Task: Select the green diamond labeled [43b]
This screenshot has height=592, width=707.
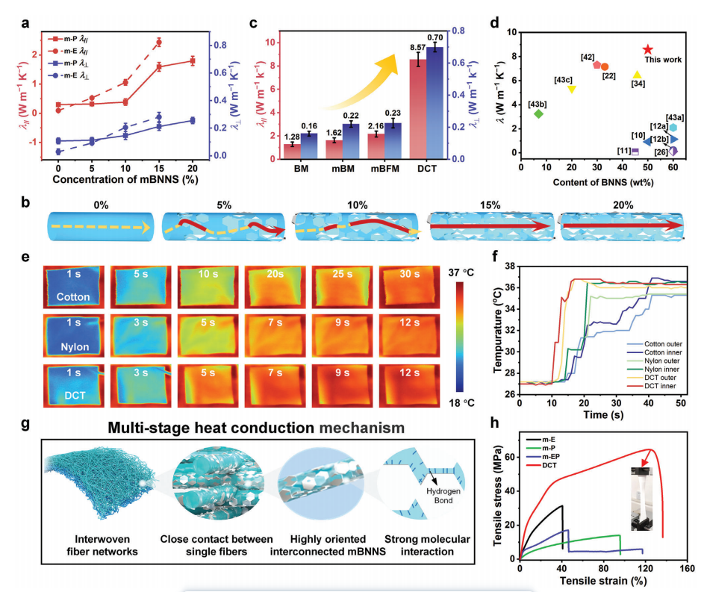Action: pyautogui.click(x=538, y=113)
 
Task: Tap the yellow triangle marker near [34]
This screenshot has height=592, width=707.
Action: pyautogui.click(x=637, y=75)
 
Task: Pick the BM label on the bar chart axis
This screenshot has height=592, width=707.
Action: pyautogui.click(x=290, y=170)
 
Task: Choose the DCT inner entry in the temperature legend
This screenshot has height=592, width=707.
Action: pyautogui.click(x=657, y=385)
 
